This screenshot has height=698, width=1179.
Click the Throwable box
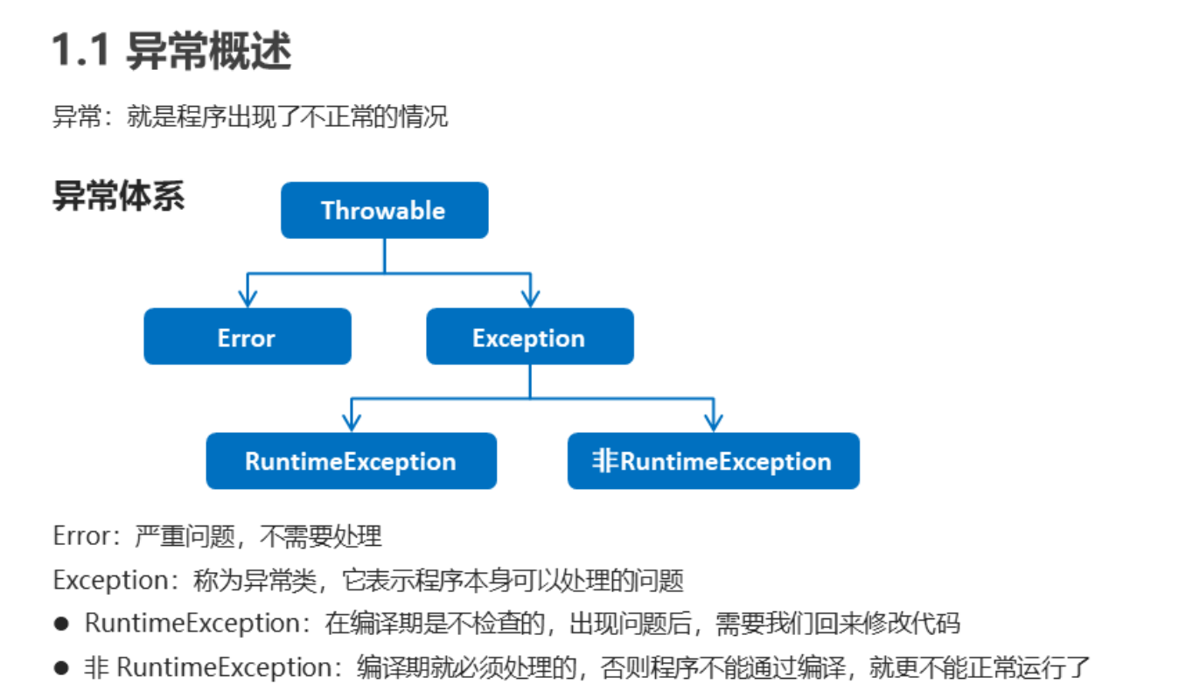pyautogui.click(x=384, y=211)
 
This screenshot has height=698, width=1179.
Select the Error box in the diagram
pyautogui.click(x=247, y=338)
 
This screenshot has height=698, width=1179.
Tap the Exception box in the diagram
pyautogui.click(x=529, y=338)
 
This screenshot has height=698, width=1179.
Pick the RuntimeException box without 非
pyautogui.click(x=351, y=461)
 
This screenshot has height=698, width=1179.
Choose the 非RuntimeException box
pyautogui.click(x=713, y=461)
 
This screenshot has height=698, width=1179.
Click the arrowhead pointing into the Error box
pyautogui.click(x=248, y=299)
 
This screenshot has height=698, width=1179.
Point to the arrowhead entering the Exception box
pyautogui.click(x=529, y=299)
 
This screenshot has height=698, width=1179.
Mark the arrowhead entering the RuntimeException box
pyautogui.click(x=352, y=423)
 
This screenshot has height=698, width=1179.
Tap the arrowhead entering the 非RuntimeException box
pyautogui.click(x=713, y=423)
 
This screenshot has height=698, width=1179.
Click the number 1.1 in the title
pyautogui.click(x=80, y=52)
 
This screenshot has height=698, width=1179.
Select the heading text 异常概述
pyautogui.click(x=208, y=52)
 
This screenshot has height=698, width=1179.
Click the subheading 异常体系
pyautogui.click(x=119, y=196)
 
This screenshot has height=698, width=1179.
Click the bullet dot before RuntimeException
pyautogui.click(x=60, y=624)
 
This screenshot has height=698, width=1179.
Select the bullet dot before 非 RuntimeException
pyautogui.click(x=60, y=668)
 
